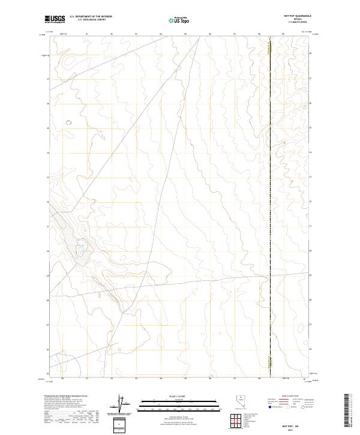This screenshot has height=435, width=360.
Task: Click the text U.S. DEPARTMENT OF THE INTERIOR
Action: click(91, 16)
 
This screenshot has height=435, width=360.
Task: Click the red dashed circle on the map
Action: click(68, 122)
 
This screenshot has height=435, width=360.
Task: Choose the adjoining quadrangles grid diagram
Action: click(236, 421)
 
